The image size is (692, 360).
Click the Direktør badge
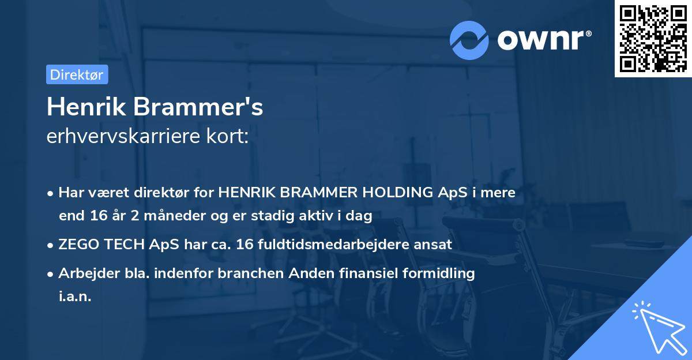(x=77, y=74)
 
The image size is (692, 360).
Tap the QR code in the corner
(x=653, y=38)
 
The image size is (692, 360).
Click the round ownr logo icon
(x=470, y=40)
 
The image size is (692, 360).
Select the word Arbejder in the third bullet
(x=84, y=273)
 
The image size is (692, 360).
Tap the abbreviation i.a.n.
(x=75, y=297)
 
